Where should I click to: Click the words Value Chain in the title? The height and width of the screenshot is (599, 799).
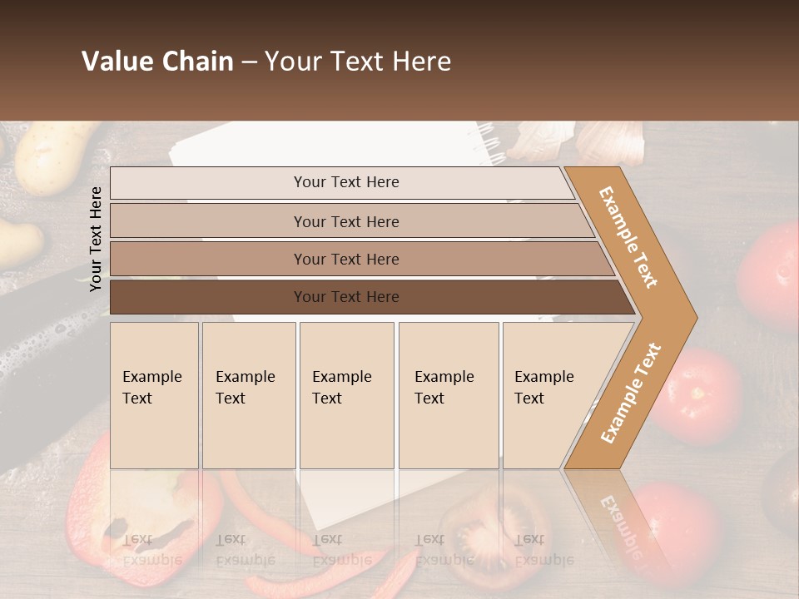(157, 62)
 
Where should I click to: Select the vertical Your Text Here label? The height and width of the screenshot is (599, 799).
(96, 239)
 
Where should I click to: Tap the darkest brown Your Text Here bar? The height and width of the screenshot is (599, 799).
(346, 297)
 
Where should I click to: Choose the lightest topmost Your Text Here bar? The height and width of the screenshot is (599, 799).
(346, 182)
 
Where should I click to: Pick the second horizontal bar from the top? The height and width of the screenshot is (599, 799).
(346, 221)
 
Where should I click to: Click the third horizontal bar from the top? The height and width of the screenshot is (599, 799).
(346, 259)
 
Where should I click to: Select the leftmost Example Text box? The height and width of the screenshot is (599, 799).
(154, 395)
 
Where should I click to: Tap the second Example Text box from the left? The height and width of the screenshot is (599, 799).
(248, 395)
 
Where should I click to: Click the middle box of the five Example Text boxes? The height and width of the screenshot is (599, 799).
(345, 395)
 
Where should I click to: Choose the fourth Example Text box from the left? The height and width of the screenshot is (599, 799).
(448, 395)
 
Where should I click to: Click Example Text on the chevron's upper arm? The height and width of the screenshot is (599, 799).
(628, 237)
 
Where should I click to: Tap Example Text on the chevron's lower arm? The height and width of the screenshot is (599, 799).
(631, 394)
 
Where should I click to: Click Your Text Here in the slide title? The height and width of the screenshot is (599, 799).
(358, 62)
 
